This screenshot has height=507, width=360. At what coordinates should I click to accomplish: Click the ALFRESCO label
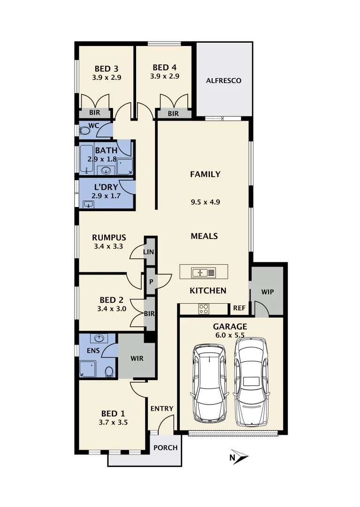223,81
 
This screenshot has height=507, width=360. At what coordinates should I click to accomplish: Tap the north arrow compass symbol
239,456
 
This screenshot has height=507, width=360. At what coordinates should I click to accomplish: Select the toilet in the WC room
84,131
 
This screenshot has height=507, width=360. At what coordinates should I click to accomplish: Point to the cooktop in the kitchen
204,309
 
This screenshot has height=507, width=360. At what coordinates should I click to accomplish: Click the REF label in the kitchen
239,308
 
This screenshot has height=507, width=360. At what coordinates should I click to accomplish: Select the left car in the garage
209,383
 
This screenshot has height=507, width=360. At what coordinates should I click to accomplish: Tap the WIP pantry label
267,292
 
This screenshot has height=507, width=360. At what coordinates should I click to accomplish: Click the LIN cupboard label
150,252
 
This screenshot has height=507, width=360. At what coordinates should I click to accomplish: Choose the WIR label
136,359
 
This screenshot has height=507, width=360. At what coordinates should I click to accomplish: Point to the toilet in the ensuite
109,371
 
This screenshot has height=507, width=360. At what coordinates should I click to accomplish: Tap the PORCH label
166,447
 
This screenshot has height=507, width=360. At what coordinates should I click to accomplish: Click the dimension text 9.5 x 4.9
205,202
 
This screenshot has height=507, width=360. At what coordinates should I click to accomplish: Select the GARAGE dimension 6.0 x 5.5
230,335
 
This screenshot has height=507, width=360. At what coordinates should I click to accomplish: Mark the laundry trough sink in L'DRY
87,204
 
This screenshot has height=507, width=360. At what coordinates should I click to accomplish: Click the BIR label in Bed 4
173,114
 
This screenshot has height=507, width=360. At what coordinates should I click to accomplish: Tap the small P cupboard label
151,282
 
